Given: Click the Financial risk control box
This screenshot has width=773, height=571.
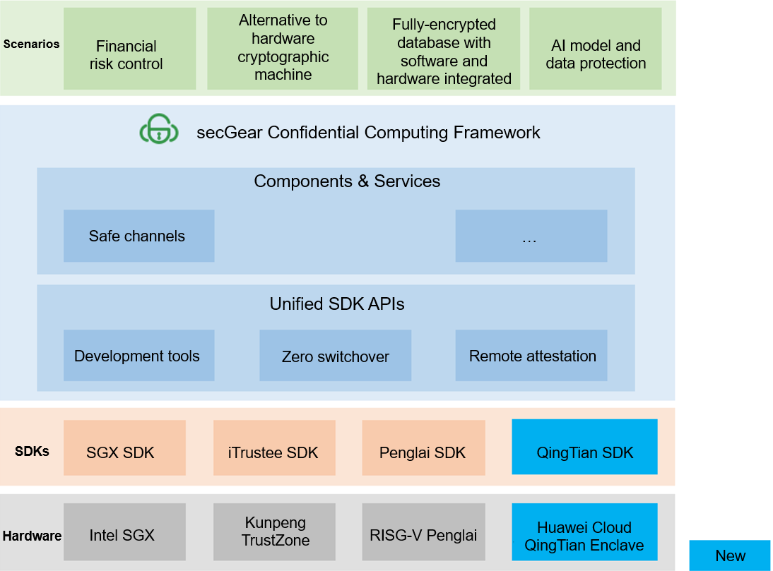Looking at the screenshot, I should pyautogui.click(x=129, y=49).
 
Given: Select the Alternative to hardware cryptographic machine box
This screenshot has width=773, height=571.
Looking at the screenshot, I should pyautogui.click(x=282, y=49).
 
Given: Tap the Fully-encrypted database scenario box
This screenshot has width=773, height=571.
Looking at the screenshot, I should pyautogui.click(x=443, y=49).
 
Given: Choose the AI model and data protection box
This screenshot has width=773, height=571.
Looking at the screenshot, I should pyautogui.click(x=595, y=49).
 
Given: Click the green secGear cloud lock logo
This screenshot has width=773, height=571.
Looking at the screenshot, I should pyautogui.click(x=159, y=131).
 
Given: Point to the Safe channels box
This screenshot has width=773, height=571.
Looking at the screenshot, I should pyautogui.click(x=138, y=236).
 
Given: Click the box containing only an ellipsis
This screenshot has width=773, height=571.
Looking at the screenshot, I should pyautogui.click(x=531, y=236).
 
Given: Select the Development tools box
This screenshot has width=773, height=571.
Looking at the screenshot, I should pyautogui.click(x=138, y=356).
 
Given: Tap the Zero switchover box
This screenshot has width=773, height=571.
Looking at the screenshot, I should pyautogui.click(x=335, y=356).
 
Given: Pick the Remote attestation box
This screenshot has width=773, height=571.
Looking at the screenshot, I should pyautogui.click(x=531, y=356).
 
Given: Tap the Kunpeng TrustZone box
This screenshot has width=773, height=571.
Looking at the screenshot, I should pyautogui.click(x=273, y=531).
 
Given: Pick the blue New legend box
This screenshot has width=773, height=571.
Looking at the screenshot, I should pyautogui.click(x=729, y=555).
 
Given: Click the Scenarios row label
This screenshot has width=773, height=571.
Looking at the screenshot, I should pyautogui.click(x=31, y=44).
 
